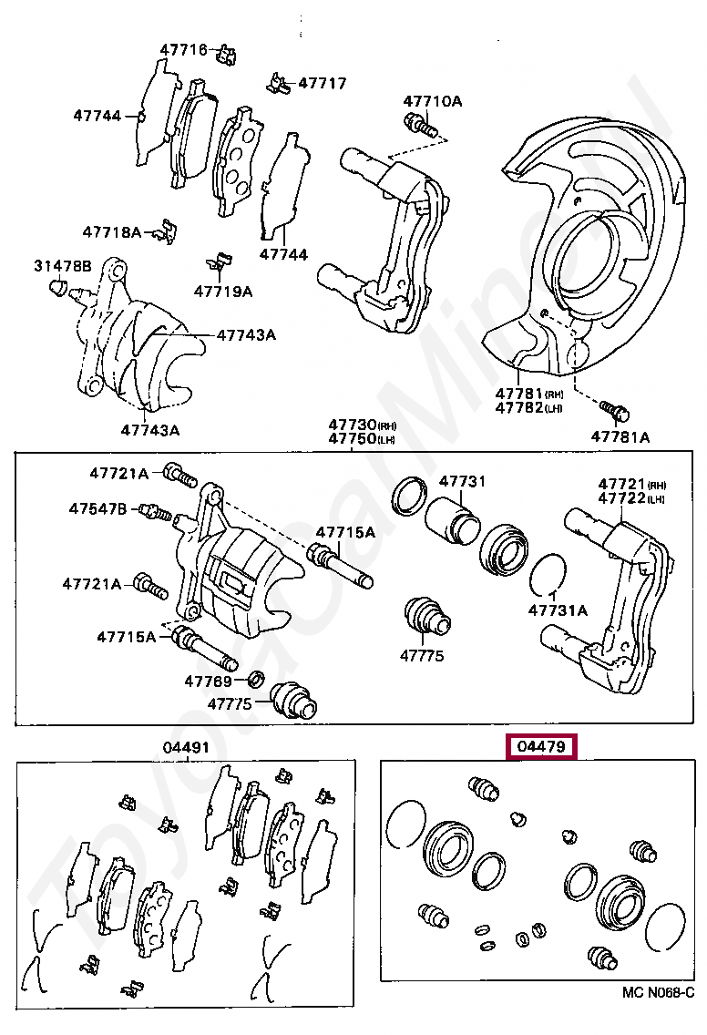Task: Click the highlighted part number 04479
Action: coord(543,748)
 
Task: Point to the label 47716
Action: coord(184,49)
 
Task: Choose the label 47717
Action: coord(322,84)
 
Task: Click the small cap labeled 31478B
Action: coord(57,289)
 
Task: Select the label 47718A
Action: coord(112,232)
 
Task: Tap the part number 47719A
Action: coord(222,292)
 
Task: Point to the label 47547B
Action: coord(97,508)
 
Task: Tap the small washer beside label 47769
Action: coord(257,678)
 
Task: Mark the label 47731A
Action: coord(558,610)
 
